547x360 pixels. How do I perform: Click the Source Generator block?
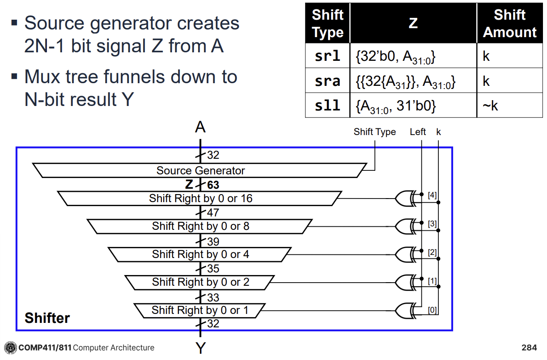click(200, 170)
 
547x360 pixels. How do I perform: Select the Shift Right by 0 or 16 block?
click(200, 199)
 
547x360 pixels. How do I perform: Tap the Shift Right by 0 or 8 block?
click(200, 226)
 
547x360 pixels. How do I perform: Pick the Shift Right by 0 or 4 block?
click(200, 254)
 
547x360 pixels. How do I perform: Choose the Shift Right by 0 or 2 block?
click(200, 282)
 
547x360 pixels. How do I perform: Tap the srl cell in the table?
click(327, 56)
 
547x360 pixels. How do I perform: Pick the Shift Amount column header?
click(509, 23)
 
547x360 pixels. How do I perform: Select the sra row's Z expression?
click(405, 81)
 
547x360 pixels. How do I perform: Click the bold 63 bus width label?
click(212, 185)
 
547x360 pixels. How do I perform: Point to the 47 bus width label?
click(212, 213)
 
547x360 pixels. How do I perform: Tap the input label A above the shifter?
click(200, 128)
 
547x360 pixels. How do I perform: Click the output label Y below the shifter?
click(200, 348)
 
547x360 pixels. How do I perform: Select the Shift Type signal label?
click(374, 132)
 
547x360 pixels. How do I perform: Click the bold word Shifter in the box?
click(47, 318)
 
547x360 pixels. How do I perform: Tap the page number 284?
click(529, 347)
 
